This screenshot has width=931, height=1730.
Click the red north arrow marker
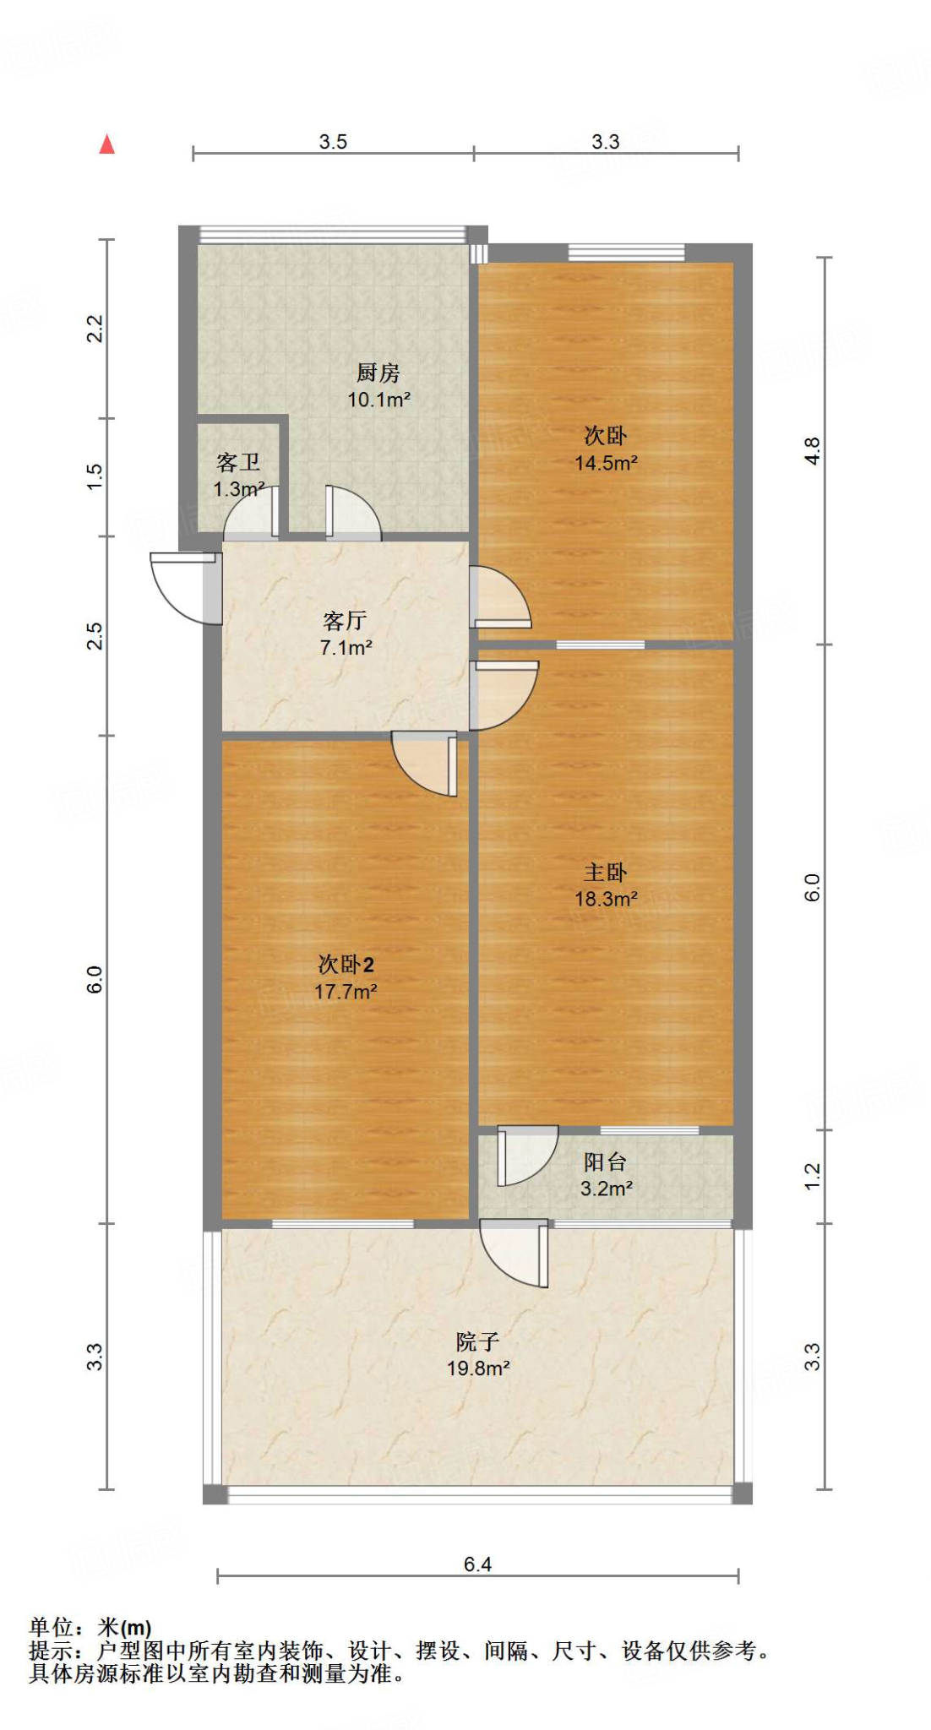pos(106,144)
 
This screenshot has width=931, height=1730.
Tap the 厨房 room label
pos(378,373)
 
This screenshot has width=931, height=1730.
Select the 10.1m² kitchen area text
pos(378,400)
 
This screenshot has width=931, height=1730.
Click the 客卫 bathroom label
pos(237,462)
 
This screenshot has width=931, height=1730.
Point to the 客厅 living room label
pos(345,621)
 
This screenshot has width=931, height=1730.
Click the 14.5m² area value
pos(605,463)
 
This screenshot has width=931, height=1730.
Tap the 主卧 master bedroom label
pos(605,872)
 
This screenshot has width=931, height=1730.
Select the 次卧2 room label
pos(346,964)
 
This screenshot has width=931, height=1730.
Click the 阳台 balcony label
pos(605,1161)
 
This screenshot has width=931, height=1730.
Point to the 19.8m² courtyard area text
pos(478,1368)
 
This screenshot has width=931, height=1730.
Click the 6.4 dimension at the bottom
pos(477,1564)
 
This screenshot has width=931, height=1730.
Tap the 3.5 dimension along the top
pos(333,142)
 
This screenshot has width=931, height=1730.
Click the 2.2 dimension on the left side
pos(95,328)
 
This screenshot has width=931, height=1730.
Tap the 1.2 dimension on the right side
pos(812,1176)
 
